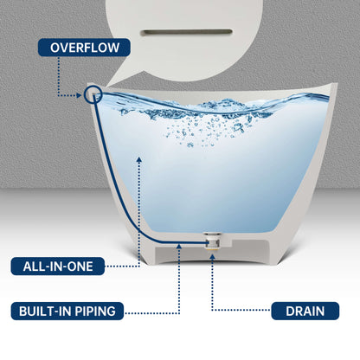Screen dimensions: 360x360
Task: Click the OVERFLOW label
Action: click(84, 48)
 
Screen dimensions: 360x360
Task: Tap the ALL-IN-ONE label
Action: click(58, 266)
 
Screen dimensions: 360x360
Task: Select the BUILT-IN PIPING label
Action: click(67, 311)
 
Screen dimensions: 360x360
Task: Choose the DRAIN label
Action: click(305, 311)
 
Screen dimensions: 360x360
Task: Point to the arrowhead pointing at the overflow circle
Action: click(79, 95)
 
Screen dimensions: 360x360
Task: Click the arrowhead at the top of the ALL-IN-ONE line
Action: click(139, 159)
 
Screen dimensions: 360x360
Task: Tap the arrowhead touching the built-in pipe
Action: click(179, 247)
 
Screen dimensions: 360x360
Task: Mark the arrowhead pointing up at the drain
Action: click(212, 256)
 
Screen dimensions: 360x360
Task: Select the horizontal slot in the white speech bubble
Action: click(186, 32)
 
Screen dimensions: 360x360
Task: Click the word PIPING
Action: click(95, 311)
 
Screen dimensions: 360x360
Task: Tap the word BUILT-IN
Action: click(45, 311)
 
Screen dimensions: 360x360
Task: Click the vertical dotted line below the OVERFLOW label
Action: click(58, 76)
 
